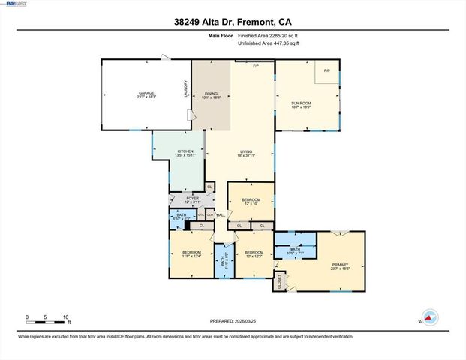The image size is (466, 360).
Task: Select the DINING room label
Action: (x=211, y=94)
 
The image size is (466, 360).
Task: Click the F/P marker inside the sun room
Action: (x=326, y=70)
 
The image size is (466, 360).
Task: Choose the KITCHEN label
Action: (x=185, y=153)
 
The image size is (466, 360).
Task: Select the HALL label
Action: (x=221, y=216)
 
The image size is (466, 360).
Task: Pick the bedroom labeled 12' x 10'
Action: (x=249, y=201)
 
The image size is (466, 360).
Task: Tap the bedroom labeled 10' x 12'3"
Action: (x=254, y=254)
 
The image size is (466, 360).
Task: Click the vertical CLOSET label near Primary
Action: (x=281, y=282)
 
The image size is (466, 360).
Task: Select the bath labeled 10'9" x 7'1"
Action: (x=296, y=252)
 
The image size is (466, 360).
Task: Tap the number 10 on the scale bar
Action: (x=66, y=317)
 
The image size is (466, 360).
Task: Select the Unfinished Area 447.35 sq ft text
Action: (x=268, y=43)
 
